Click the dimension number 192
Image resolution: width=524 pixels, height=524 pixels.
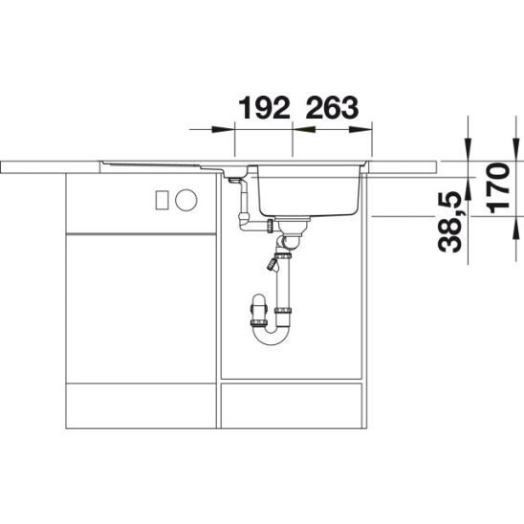[x=264, y=108]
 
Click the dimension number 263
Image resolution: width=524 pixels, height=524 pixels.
[x=332, y=108]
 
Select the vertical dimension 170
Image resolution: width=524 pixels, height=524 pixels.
[x=499, y=187]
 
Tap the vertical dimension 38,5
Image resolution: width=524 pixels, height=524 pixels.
[x=449, y=221]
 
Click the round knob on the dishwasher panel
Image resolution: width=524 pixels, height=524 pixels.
[x=186, y=200]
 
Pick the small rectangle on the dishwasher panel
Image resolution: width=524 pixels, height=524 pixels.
[x=163, y=200]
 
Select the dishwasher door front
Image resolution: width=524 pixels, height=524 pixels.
[x=141, y=308]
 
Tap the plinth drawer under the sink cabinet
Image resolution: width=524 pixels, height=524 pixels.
[x=292, y=405]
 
